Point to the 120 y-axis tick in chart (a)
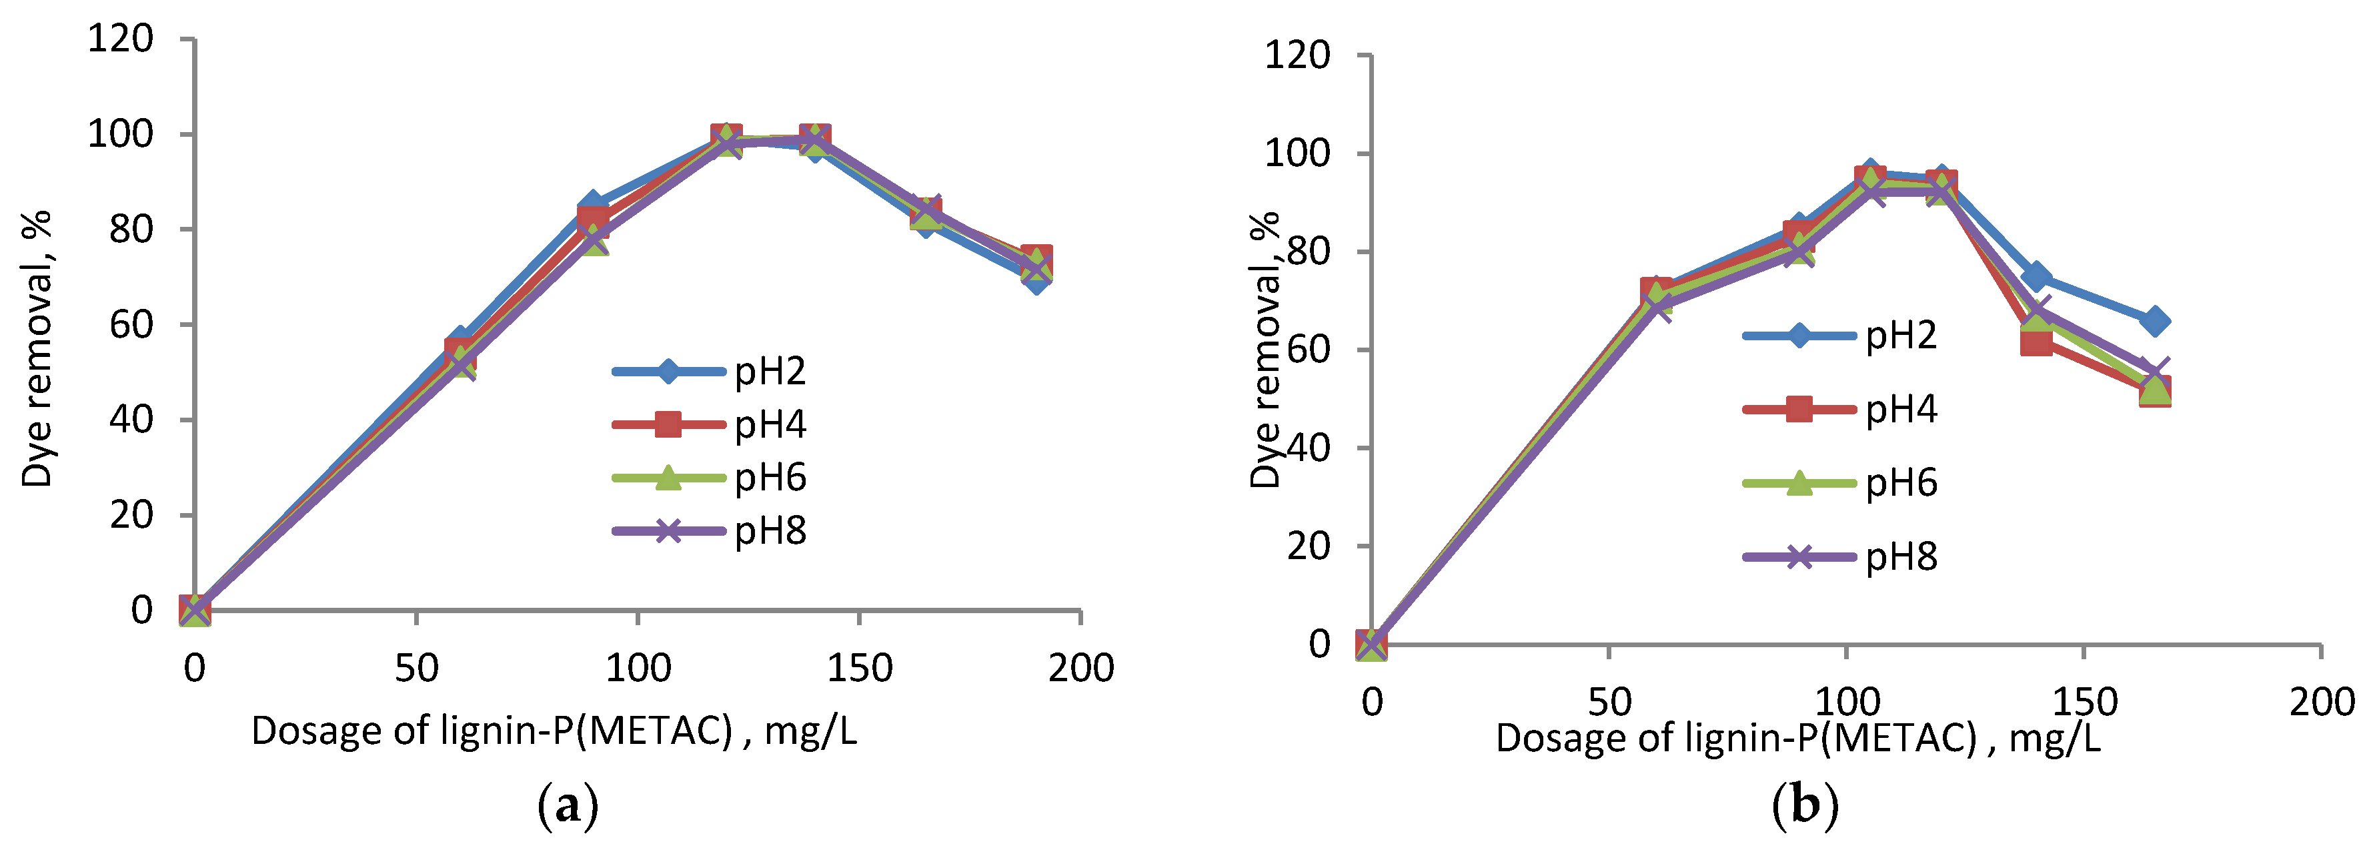[x=119, y=39]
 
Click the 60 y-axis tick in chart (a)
[x=130, y=324]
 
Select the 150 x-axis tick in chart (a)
[x=859, y=668]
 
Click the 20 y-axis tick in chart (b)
[x=1309, y=546]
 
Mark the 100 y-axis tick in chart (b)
[x=1297, y=153]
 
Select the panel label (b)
[x=1805, y=806]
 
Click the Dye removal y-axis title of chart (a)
[x=37, y=349]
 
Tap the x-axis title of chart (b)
[x=1797, y=738]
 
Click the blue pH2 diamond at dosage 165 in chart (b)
[x=2155, y=322]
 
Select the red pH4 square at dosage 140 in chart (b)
[x=2036, y=342]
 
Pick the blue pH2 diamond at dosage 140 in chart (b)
[x=2036, y=276]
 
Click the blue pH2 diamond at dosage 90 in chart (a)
[x=592, y=205]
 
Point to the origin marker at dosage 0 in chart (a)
[x=195, y=609]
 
